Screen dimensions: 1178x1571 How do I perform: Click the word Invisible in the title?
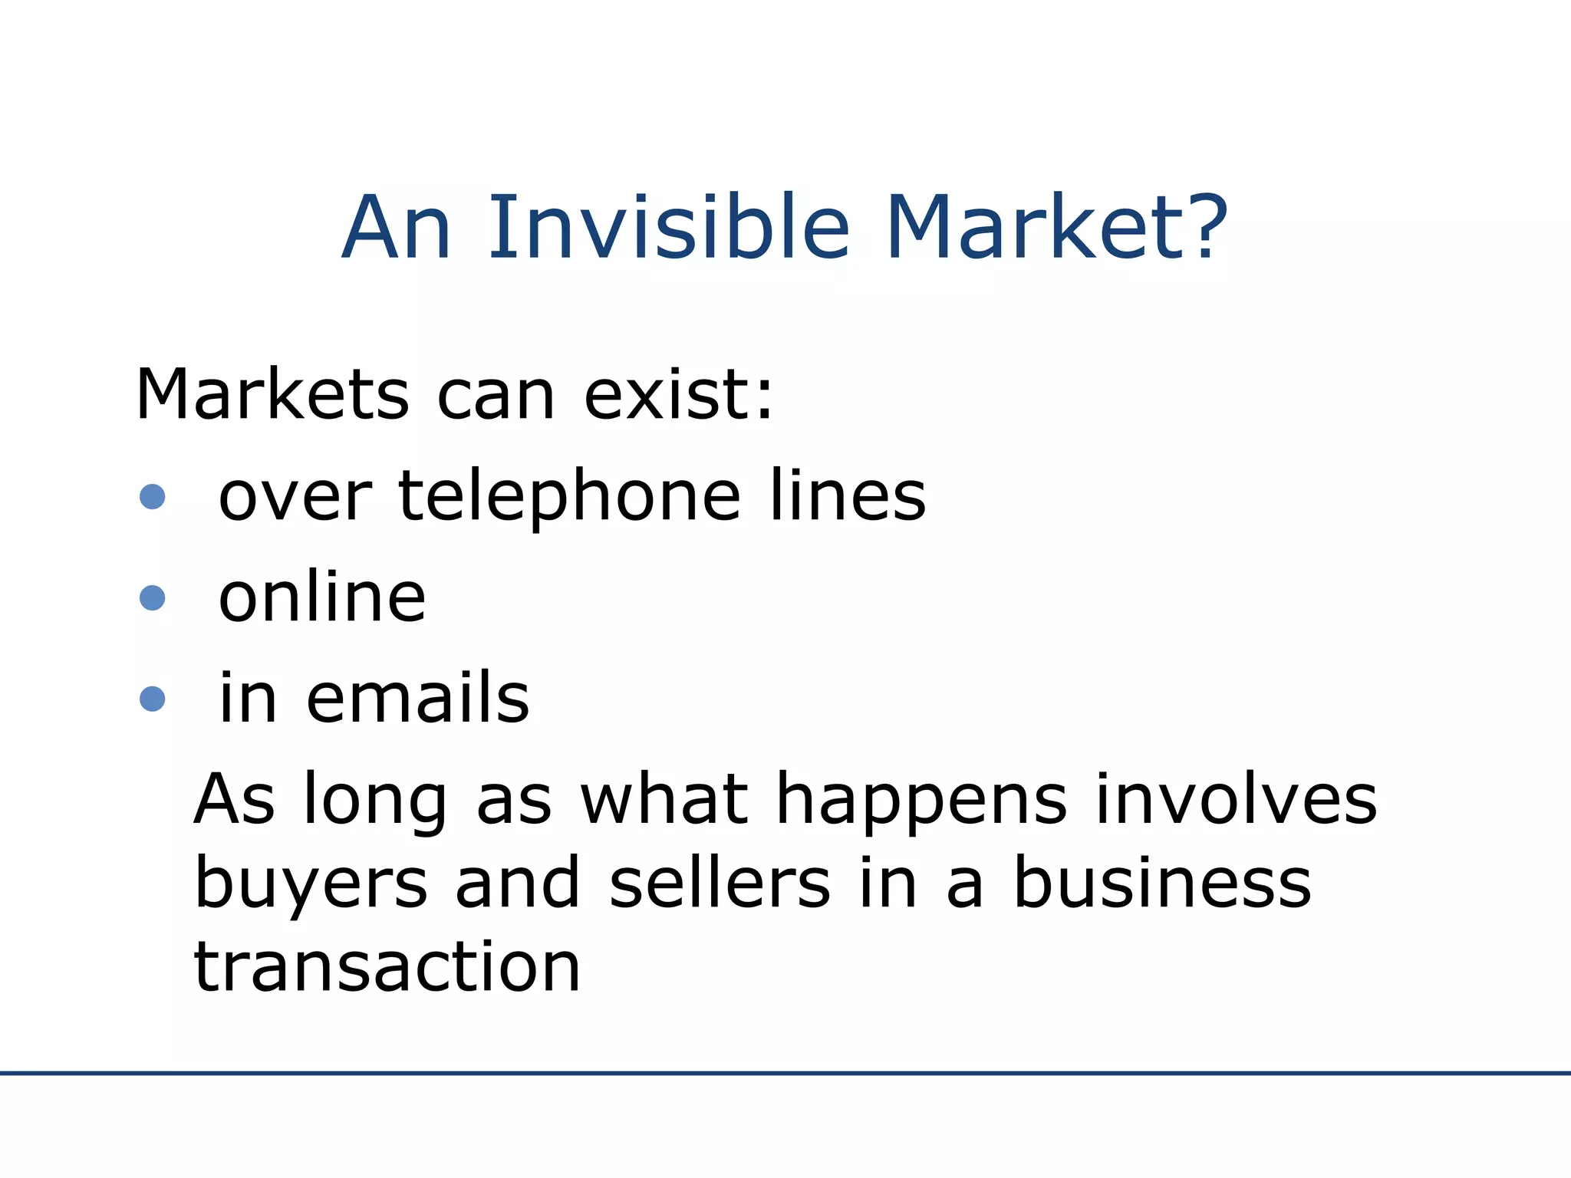coord(669,228)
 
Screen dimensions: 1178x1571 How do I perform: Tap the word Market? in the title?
coord(1057,228)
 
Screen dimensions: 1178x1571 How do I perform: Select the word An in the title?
coord(397,228)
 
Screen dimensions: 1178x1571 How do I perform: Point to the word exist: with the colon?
coord(679,395)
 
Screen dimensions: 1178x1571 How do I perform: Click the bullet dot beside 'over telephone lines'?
coord(153,496)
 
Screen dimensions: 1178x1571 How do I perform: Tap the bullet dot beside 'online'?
coord(153,597)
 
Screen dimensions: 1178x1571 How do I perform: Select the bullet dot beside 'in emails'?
coord(153,699)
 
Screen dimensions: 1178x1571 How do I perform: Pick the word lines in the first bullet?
coord(848,496)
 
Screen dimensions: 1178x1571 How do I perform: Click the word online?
coord(322,597)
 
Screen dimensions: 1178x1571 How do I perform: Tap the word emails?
coord(418,699)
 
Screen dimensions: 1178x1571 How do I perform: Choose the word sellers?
coord(720,883)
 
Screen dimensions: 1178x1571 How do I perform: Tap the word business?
coord(1163,883)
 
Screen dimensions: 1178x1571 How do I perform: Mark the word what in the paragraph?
coord(664,799)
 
